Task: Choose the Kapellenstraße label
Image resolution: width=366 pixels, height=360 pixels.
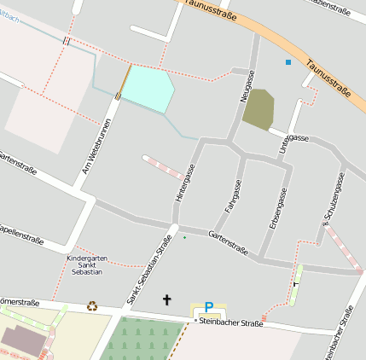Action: point(20,230)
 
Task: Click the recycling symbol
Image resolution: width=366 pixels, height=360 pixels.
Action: point(92,305)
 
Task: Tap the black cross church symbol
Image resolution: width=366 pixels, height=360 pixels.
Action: point(167,300)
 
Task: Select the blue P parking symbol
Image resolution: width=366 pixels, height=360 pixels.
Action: point(208,308)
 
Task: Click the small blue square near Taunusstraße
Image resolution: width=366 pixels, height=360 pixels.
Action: point(288,62)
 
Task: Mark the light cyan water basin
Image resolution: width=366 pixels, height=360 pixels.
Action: point(147,88)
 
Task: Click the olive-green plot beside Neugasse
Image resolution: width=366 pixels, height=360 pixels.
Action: point(259,109)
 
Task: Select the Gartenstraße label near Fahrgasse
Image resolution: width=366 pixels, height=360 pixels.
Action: point(228,243)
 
